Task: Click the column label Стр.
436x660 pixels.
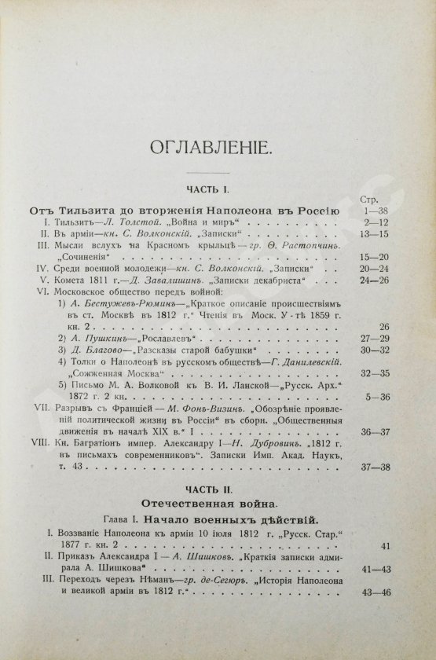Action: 368,200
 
